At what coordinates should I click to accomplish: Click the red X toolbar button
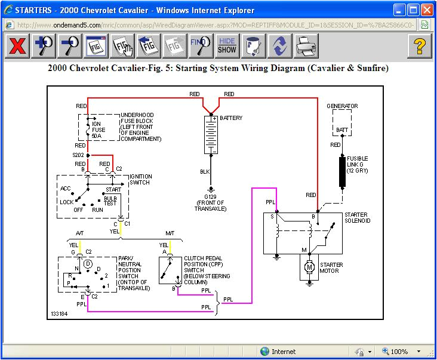[17, 46]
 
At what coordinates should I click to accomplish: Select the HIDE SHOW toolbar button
[227, 46]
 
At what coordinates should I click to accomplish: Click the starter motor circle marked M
[309, 267]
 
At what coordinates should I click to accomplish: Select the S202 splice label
[79, 155]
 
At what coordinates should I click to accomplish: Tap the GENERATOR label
[342, 106]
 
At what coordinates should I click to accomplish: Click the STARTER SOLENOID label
[357, 218]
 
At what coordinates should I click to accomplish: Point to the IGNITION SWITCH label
[140, 180]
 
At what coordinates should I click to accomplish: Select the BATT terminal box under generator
[342, 129]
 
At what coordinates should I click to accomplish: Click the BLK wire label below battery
[204, 171]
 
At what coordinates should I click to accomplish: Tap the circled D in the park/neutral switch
[88, 263]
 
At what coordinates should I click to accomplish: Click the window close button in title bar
[426, 10]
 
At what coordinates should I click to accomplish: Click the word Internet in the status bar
[283, 352]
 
